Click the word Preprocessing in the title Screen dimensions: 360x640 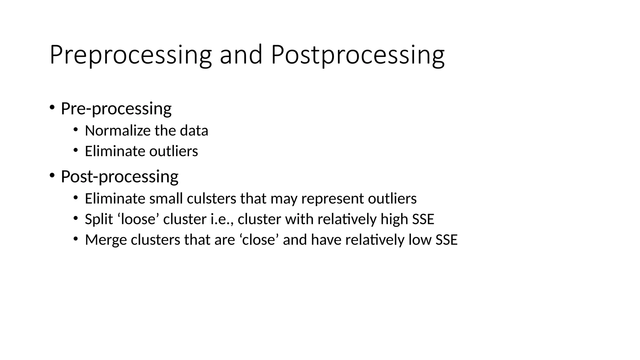tap(131, 55)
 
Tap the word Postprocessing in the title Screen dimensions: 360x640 tap(357, 55)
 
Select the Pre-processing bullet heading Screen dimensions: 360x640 tap(116, 109)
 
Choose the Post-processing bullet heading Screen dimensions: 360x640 tap(119, 177)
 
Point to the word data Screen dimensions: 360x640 tap(194, 131)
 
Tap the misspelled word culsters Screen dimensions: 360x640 tap(212, 199)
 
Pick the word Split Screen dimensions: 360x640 tap(99, 219)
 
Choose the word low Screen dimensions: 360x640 tap(420, 240)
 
